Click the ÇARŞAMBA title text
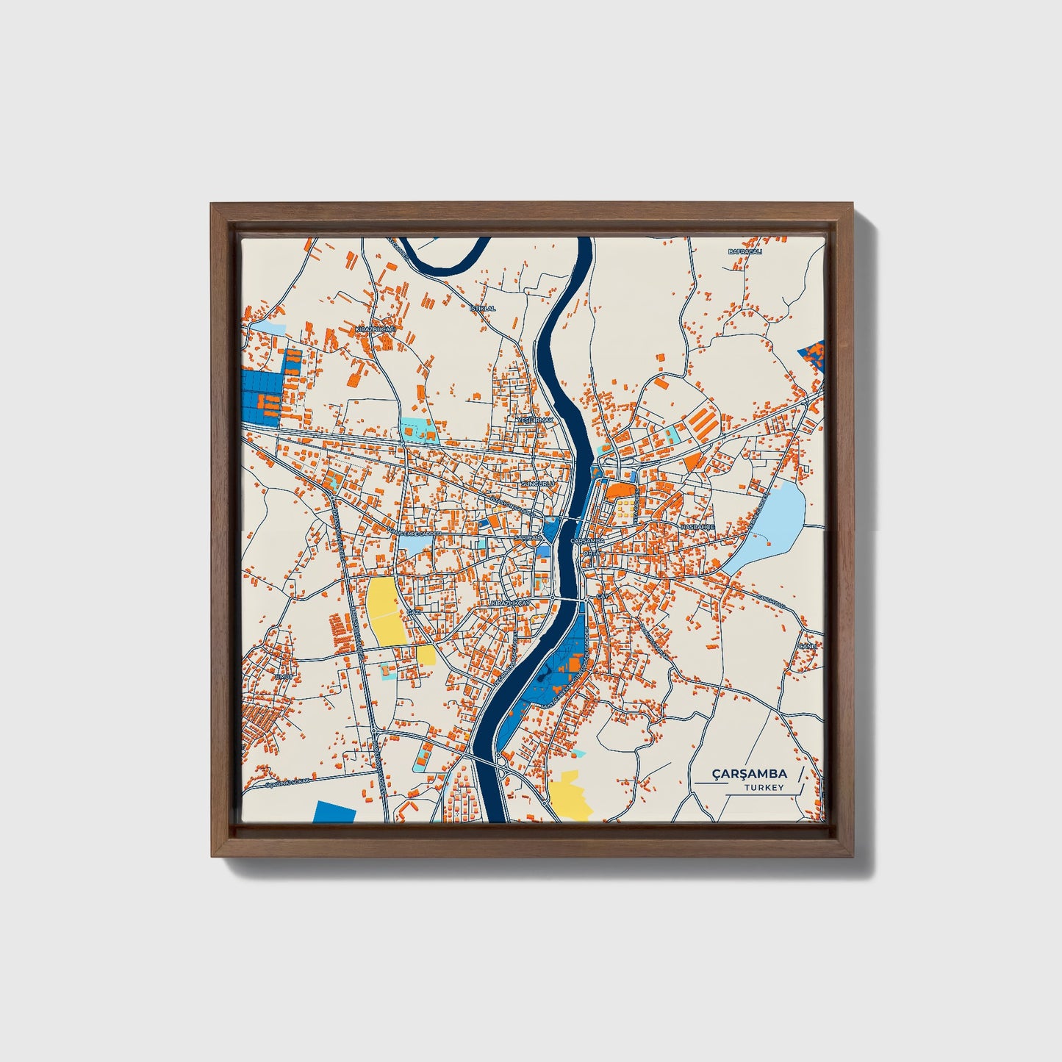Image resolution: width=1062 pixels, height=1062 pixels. click(749, 773)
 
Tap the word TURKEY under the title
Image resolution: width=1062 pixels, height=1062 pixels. click(764, 787)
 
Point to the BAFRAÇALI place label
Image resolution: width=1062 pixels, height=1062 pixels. click(745, 251)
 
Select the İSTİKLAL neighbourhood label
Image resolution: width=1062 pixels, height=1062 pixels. click(482, 308)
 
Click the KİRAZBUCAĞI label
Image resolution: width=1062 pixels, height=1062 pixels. click(375, 329)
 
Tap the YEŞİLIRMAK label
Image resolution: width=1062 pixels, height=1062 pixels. click(534, 419)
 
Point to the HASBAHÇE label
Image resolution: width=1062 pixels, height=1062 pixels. click(697, 527)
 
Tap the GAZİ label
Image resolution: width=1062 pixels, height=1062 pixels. click(414, 611)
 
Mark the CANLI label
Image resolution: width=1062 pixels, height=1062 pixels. click(808, 645)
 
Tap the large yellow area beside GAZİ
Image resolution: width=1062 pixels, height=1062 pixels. click(386, 611)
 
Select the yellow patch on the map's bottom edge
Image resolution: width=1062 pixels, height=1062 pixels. click(570, 795)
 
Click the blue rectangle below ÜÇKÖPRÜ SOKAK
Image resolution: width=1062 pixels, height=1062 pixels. click(334, 811)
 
